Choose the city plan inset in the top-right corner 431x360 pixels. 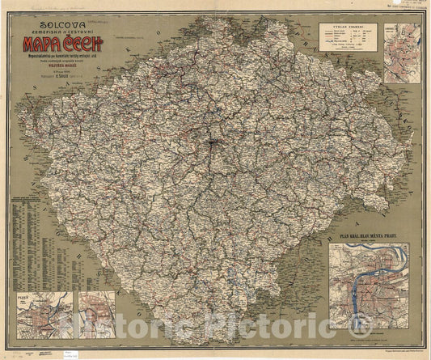401,53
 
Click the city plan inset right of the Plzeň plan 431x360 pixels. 95,315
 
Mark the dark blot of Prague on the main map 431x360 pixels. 213,145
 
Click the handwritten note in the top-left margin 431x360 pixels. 49,6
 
